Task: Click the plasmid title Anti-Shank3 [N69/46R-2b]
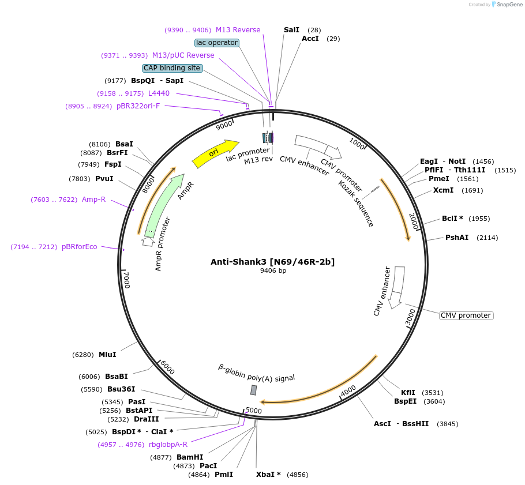click(x=272, y=262)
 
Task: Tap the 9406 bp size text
click(x=273, y=270)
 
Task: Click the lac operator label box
click(x=217, y=43)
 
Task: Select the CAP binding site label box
click(x=172, y=68)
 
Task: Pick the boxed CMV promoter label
click(x=466, y=315)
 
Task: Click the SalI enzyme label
click(x=291, y=29)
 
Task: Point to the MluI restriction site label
click(x=107, y=354)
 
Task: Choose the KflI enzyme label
click(x=408, y=392)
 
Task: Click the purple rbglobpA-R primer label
click(x=168, y=444)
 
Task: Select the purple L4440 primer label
click(x=159, y=93)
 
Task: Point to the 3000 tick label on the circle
click(x=410, y=317)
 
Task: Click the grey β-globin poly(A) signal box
click(x=253, y=390)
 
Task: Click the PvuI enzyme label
click(x=104, y=179)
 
